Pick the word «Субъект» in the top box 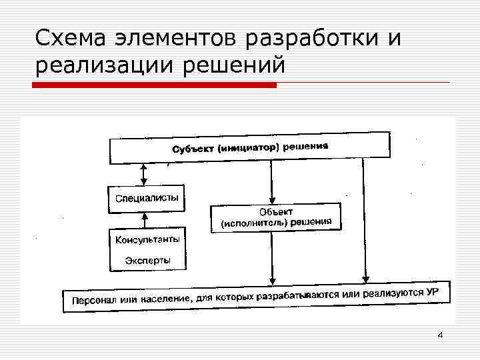[194, 149]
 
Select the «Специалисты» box [147, 199]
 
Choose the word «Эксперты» [147, 259]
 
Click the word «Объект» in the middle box [275, 211]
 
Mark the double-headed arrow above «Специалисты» [143, 175]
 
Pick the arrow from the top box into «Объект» [271, 183]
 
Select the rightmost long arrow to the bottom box [364, 220]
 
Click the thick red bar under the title [155, 85]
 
